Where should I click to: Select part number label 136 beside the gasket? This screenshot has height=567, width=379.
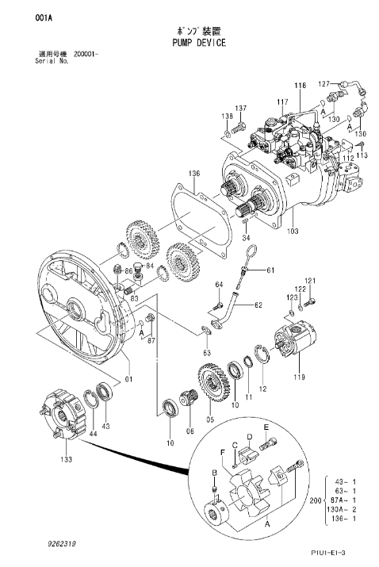(193, 174)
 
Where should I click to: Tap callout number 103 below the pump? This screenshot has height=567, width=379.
(293, 232)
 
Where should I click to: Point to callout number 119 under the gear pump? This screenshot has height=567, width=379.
(299, 377)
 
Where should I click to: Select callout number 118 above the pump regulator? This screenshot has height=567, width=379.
(301, 85)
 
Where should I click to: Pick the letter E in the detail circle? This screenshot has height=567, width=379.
(266, 427)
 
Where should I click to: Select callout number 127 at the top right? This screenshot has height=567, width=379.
(323, 82)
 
